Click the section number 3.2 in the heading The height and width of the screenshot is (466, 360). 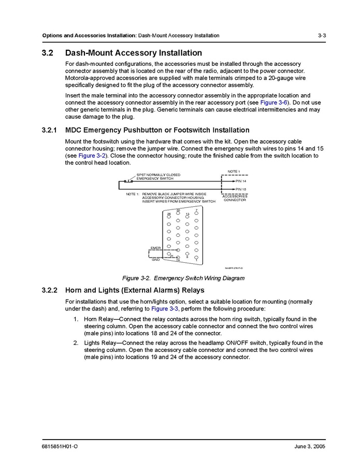click(48, 53)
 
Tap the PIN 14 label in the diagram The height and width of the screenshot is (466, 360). click(241, 181)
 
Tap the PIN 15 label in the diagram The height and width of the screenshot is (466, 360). click(241, 189)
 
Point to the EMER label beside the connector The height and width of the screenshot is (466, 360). click(155, 248)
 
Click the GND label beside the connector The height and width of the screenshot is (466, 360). click(155, 259)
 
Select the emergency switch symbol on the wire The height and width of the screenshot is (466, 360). click(128, 181)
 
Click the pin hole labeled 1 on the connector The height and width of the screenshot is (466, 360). click(196, 257)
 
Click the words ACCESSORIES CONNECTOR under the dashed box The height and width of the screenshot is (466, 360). click(235, 198)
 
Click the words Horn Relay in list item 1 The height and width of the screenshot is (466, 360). click(98, 319)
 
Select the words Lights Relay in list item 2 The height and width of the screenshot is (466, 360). click(100, 343)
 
